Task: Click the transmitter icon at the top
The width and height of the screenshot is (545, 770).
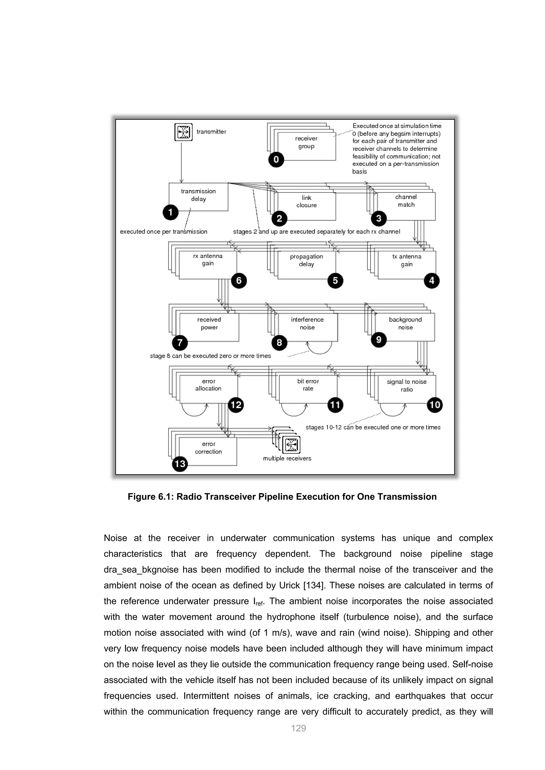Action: (x=183, y=132)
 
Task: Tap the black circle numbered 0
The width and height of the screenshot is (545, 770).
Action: (x=276, y=159)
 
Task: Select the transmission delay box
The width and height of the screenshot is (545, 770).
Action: (x=198, y=196)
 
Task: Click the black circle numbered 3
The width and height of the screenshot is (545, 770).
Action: (x=379, y=218)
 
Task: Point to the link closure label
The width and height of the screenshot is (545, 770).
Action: (x=306, y=202)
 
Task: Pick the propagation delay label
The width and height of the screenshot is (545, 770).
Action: (x=306, y=260)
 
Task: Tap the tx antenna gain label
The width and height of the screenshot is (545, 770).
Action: (x=406, y=260)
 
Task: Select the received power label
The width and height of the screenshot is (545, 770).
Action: (x=209, y=324)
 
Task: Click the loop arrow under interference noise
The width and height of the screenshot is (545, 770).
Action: (x=320, y=349)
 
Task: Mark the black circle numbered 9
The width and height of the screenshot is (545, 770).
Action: (x=379, y=340)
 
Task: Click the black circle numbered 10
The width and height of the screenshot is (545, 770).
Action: (x=435, y=405)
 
